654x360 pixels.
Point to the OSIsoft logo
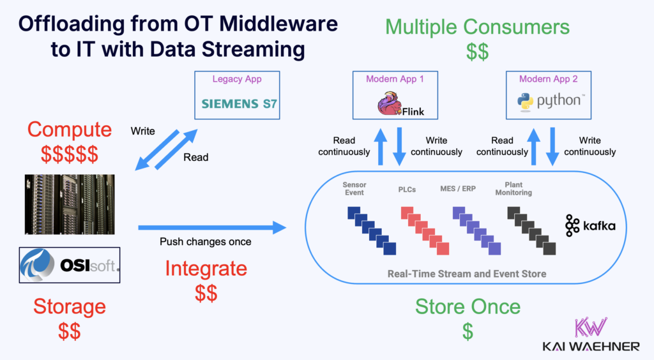point(70,264)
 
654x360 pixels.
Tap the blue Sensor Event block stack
point(372,230)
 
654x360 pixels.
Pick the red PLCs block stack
point(425,230)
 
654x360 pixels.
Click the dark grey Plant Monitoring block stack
point(527,230)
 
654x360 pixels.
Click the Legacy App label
point(236,79)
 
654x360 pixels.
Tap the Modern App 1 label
point(395,79)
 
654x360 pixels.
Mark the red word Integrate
point(206,269)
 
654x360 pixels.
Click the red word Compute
point(70,130)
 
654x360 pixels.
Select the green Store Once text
point(468,306)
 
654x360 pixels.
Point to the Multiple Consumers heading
point(477,27)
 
